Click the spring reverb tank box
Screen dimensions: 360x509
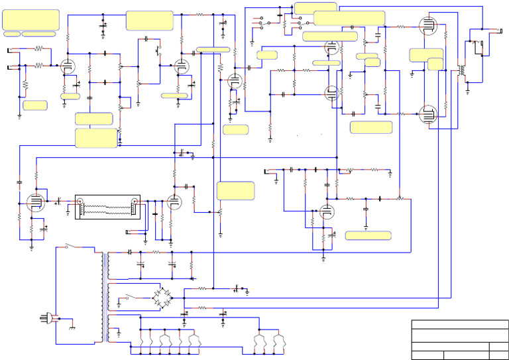pyautogui.click(x=107, y=207)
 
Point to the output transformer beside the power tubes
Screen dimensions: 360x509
pyautogui.click(x=461, y=70)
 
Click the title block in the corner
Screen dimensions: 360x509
pyautogui.click(x=459, y=339)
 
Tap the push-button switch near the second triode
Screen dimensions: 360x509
pyautogui.click(x=158, y=49)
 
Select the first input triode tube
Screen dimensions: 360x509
pyautogui.click(x=66, y=66)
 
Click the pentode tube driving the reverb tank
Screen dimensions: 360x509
pyautogui.click(x=33, y=203)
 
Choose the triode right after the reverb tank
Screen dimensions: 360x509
pyautogui.click(x=174, y=202)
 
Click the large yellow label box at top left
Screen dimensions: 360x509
pyautogui.click(x=30, y=19)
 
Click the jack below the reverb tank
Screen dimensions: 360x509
pyautogui.click(x=137, y=231)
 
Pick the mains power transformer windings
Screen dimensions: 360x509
pyautogui.click(x=105, y=295)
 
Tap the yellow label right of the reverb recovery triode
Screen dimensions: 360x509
pyautogui.click(x=235, y=190)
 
